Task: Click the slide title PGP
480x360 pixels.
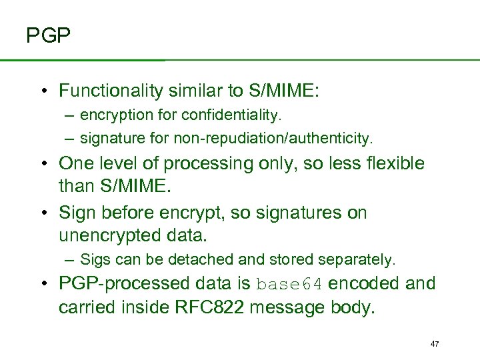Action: pyautogui.click(x=48, y=35)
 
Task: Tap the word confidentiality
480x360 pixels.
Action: pyautogui.click(x=237, y=115)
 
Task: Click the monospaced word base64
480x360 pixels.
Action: pyautogui.click(x=290, y=284)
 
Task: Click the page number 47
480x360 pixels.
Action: pyautogui.click(x=435, y=344)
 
